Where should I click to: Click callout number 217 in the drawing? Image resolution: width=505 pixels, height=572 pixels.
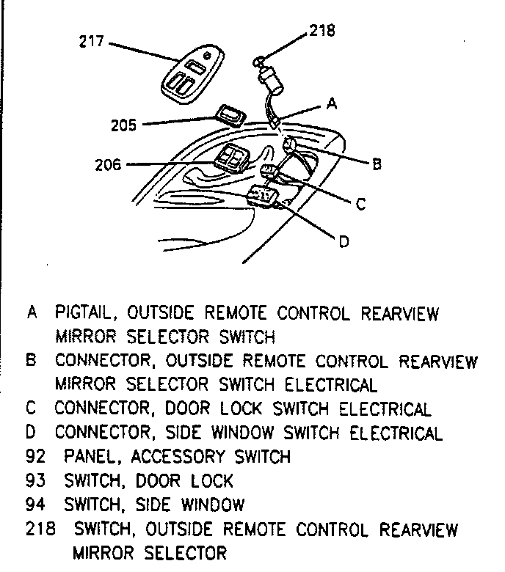(x=92, y=41)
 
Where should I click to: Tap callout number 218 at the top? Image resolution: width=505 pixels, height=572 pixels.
(x=321, y=31)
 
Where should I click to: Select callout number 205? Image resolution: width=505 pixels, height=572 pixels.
(x=123, y=125)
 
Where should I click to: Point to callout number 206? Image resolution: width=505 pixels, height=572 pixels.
(x=107, y=164)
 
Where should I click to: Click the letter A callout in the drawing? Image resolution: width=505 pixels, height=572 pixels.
(x=331, y=105)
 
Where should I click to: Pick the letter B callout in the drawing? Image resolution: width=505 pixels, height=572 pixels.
(x=377, y=164)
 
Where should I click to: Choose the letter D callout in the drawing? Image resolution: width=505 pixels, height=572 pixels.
(x=343, y=241)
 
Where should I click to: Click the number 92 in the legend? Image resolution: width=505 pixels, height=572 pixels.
(x=35, y=457)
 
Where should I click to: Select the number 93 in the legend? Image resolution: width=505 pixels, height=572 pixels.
(x=35, y=481)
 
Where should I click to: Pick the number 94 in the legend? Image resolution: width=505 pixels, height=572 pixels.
(x=35, y=505)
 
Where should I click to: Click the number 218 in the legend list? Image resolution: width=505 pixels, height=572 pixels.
(x=40, y=529)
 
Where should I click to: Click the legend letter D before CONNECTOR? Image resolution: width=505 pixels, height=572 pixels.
(x=32, y=433)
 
